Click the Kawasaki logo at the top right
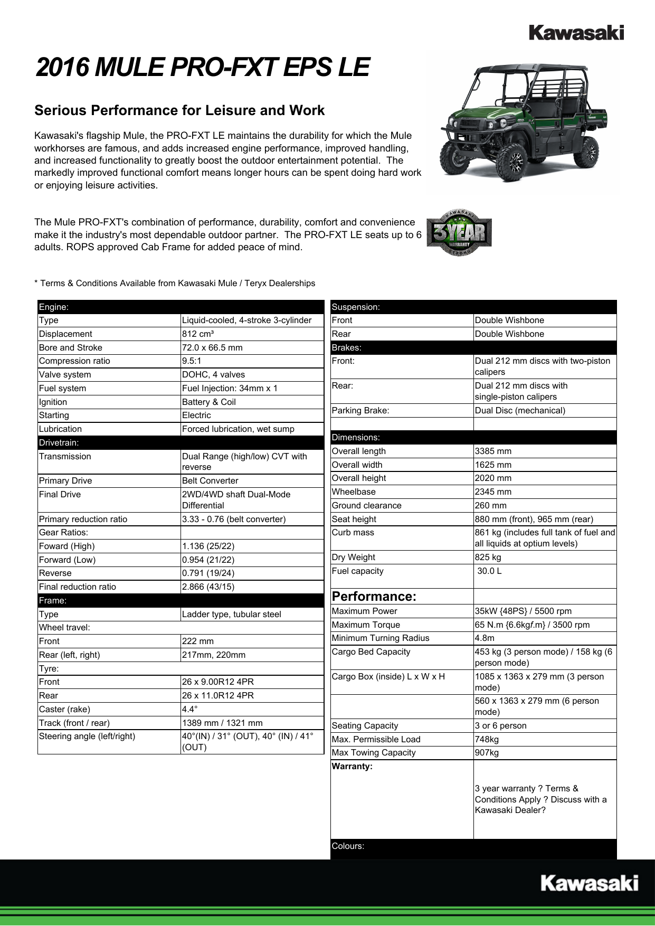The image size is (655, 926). click(576, 33)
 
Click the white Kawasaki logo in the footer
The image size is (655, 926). click(589, 883)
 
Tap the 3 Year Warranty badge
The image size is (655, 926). click(459, 233)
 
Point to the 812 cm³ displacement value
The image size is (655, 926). click(198, 334)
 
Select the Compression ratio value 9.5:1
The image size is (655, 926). click(192, 361)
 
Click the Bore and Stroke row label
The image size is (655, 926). click(71, 347)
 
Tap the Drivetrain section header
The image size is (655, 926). click(59, 443)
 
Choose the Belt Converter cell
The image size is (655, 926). click(210, 481)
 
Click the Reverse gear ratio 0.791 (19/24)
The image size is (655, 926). click(208, 573)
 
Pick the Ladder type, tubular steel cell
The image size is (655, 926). click(231, 614)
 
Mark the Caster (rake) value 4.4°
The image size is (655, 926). click(190, 709)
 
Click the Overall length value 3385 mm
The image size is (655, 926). click(493, 451)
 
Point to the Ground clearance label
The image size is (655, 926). click(366, 506)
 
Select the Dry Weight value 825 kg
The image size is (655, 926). click(488, 558)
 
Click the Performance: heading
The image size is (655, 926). click(374, 597)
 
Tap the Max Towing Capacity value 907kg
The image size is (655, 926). click(486, 753)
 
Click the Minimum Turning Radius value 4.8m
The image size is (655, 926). click(485, 638)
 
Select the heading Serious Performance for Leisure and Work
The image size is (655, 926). click(179, 110)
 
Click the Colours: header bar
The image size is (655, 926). click(348, 846)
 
